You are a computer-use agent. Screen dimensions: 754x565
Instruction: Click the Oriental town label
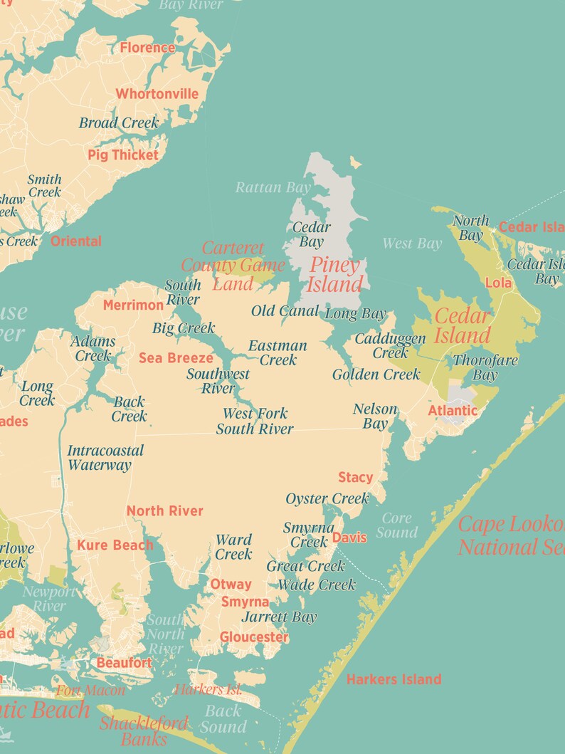pos(76,241)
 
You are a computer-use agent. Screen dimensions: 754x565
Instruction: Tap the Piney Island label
pos(334,275)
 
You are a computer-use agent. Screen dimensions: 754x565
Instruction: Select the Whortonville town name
pos(157,94)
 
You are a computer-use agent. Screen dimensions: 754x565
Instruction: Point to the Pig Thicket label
pos(123,155)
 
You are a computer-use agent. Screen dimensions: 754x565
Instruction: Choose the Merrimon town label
pos(133,305)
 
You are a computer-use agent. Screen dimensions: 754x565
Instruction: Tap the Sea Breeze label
pos(176,358)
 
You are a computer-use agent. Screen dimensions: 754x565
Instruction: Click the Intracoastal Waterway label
pos(105,458)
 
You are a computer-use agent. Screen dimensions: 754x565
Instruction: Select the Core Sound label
pos(397,525)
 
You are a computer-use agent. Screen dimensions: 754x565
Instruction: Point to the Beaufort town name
pos(125,663)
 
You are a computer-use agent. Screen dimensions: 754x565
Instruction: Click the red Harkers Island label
pos(394,679)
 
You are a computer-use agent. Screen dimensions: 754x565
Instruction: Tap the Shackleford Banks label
pos(144,731)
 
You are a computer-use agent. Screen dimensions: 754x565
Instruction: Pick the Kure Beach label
pos(115,545)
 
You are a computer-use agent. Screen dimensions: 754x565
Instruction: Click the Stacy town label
pos(355,477)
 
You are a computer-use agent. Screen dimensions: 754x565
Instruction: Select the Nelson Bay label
pos(375,417)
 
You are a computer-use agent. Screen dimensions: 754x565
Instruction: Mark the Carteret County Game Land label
pos(233,266)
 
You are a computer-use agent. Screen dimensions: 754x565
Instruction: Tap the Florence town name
pos(147,48)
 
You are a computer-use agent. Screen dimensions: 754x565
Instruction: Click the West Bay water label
pos(412,244)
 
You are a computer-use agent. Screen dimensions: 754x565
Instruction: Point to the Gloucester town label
pos(254,637)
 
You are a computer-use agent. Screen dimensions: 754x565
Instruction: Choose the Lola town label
pos(498,283)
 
